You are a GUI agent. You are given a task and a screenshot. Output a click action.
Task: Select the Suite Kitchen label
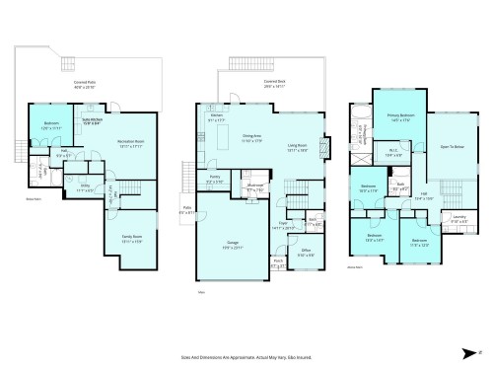pyautogui.click(x=89, y=122)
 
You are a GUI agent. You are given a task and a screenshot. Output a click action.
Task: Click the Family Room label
pyautogui.click(x=131, y=238)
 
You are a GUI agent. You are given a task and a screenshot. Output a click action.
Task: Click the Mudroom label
pyautogui.click(x=254, y=186)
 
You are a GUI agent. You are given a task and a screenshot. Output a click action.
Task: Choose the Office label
pyautogui.click(x=306, y=252)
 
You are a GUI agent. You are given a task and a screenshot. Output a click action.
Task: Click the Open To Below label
pyautogui.click(x=453, y=147)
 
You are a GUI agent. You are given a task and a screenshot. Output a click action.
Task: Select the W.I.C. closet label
pyautogui.click(x=392, y=153)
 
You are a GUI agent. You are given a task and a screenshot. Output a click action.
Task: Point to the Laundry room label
pyautogui.click(x=458, y=219)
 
